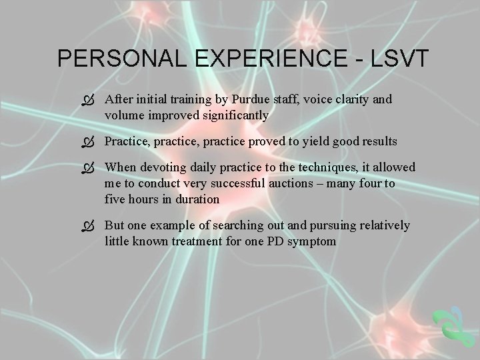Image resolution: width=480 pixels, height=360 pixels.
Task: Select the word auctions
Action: tap(306, 183)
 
